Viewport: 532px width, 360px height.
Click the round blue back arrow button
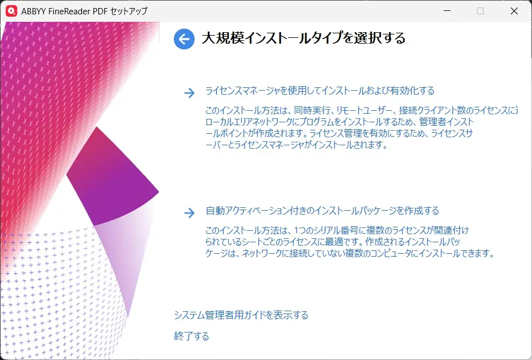point(184,39)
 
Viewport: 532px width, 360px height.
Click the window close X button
point(514,11)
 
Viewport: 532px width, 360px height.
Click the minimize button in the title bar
point(448,11)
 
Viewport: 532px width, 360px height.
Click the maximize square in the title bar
point(480,11)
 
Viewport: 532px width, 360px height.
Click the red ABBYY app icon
point(11,11)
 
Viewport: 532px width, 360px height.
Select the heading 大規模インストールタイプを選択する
point(304,38)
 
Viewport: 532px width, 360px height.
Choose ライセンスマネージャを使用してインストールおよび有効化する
point(320,91)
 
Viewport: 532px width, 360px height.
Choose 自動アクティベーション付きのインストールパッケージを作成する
point(322,211)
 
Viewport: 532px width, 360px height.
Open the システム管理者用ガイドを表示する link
point(241,315)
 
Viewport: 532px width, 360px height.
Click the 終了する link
point(191,336)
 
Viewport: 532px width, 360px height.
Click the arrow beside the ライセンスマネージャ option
point(189,94)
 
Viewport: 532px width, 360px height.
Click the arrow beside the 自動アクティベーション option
point(189,214)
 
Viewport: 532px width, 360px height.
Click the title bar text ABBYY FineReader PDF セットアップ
point(84,11)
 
